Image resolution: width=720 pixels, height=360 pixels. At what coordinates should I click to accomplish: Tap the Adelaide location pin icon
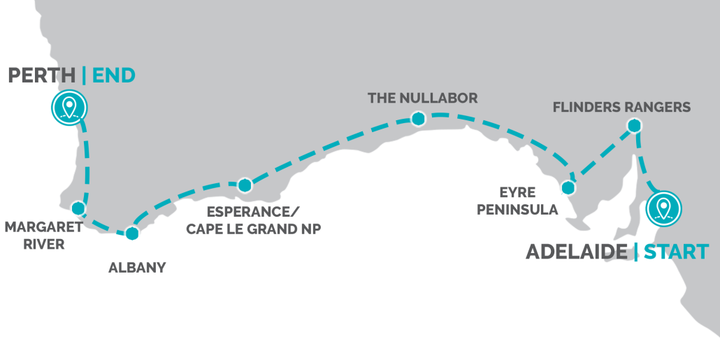pyautogui.click(x=663, y=208)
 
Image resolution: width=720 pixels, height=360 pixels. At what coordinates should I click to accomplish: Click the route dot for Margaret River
pyautogui.click(x=78, y=208)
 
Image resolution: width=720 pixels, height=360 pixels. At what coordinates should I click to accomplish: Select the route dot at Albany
pyautogui.click(x=131, y=234)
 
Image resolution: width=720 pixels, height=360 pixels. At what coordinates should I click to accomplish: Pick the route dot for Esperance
pyautogui.click(x=244, y=185)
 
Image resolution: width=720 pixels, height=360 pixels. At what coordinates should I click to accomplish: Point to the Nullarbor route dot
pyautogui.click(x=417, y=119)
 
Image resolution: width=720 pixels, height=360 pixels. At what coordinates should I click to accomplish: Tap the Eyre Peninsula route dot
pyautogui.click(x=568, y=187)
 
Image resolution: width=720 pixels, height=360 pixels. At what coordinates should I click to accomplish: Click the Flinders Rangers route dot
pyautogui.click(x=633, y=126)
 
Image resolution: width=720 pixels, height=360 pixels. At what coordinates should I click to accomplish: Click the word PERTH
pyautogui.click(x=41, y=75)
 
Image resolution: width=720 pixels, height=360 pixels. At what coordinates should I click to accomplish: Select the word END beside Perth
pyautogui.click(x=113, y=75)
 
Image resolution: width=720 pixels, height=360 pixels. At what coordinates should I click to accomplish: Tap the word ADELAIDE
pyautogui.click(x=576, y=252)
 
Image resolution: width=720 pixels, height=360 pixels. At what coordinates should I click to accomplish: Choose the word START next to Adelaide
pyautogui.click(x=676, y=252)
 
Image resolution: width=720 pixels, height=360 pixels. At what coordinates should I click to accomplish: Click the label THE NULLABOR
pyautogui.click(x=423, y=99)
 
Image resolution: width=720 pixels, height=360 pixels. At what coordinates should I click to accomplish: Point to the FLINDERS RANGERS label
pyautogui.click(x=621, y=108)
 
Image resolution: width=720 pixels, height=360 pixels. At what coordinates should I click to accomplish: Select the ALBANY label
pyautogui.click(x=137, y=267)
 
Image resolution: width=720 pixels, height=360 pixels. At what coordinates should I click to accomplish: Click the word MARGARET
pyautogui.click(x=43, y=227)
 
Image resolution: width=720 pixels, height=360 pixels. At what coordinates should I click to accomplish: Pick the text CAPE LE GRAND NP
pyautogui.click(x=253, y=229)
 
